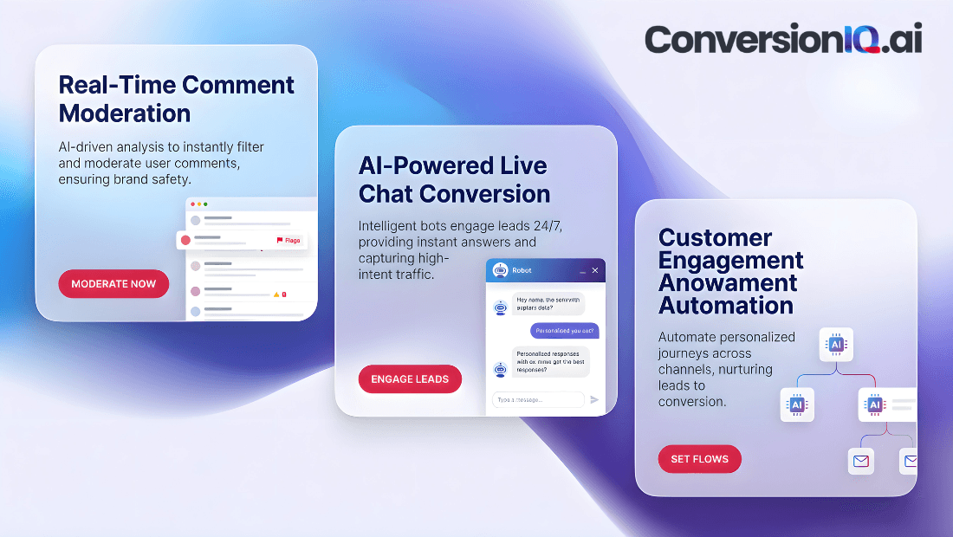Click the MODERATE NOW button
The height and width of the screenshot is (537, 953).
tap(113, 284)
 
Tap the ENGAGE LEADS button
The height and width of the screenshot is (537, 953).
tap(410, 379)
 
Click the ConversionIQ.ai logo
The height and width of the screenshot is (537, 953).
tap(782, 40)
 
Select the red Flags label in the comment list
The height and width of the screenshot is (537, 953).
tap(289, 240)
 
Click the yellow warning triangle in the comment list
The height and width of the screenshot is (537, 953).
tap(276, 294)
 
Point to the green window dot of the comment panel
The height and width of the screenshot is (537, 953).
tap(205, 204)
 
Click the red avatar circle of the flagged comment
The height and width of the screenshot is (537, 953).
tap(185, 240)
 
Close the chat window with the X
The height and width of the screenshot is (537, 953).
tap(594, 271)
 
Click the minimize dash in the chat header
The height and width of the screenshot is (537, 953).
tap(582, 271)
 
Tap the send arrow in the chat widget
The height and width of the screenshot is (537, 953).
tap(594, 399)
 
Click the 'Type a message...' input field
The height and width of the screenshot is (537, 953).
tap(538, 399)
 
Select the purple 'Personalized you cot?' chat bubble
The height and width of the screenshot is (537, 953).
tap(564, 331)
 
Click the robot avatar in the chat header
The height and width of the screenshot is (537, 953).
tap(500, 270)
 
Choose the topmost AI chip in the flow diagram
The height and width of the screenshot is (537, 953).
tap(836, 345)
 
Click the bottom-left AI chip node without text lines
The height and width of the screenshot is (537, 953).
tap(797, 404)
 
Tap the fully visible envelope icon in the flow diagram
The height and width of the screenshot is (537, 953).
tap(860, 461)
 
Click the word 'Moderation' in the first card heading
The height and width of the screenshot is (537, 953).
tap(125, 113)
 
